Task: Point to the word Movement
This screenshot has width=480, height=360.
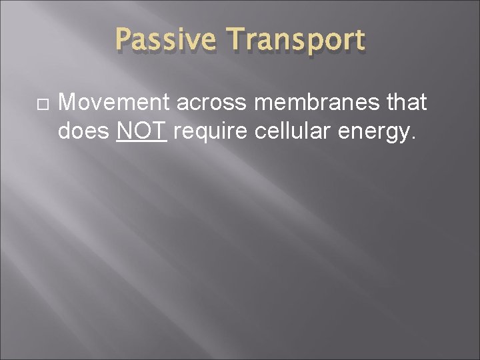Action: pos(113,103)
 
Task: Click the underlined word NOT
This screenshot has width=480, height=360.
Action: pos(141,131)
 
